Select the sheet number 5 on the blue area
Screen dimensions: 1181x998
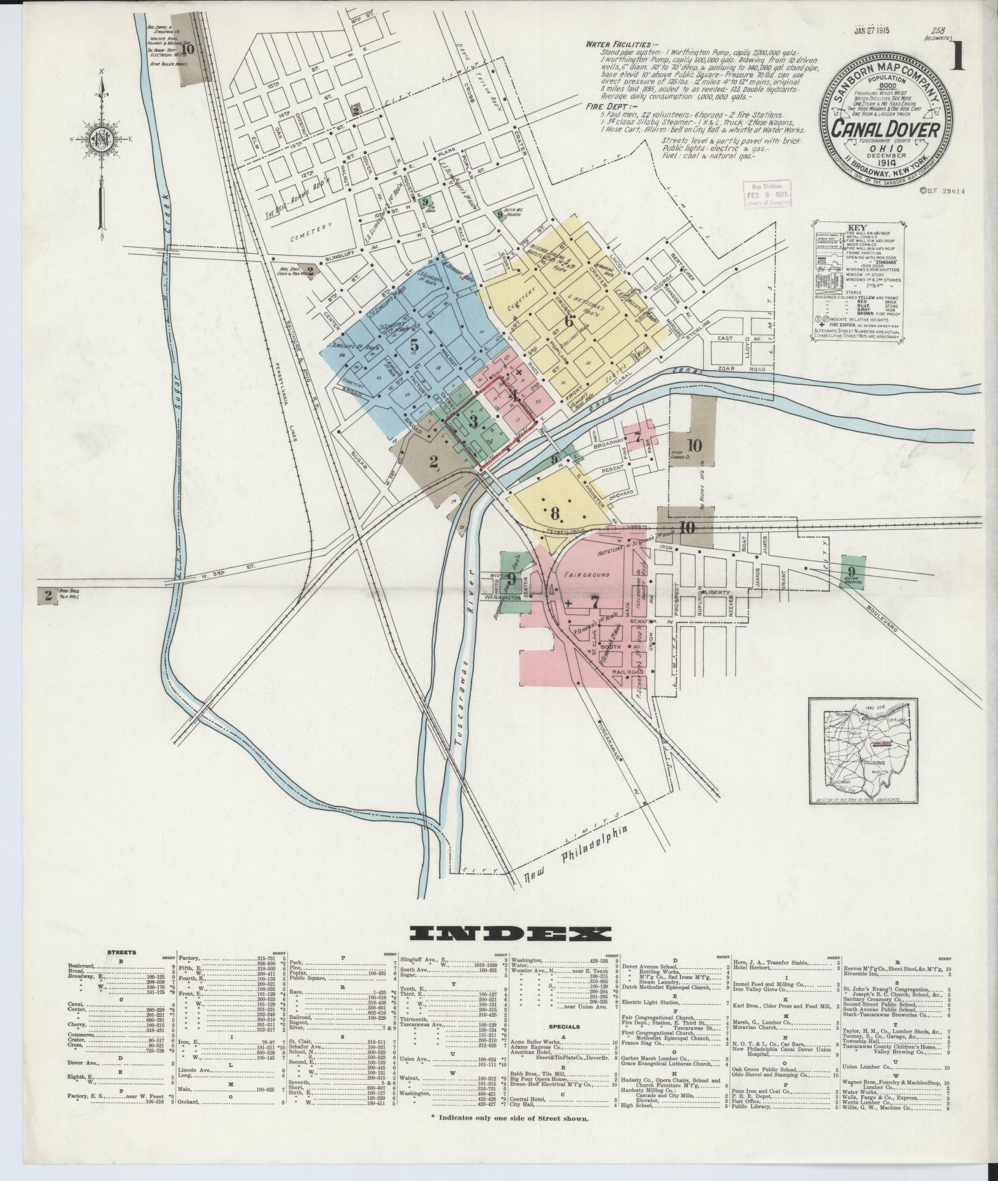pyautogui.click(x=414, y=344)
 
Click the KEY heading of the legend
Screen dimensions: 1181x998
pyautogui.click(x=856, y=226)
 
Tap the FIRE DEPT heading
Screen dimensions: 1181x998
pyautogui.click(x=608, y=105)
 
